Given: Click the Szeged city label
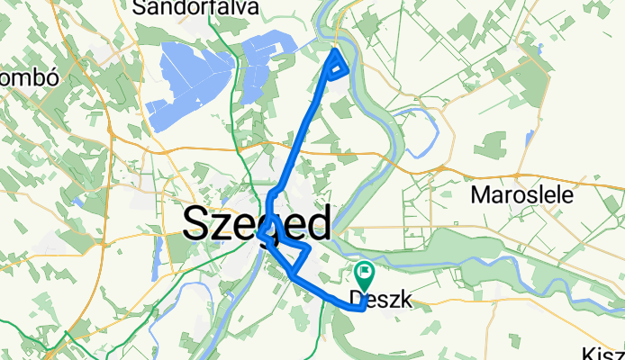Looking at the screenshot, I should pos(257,223).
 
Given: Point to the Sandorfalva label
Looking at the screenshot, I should pos(195,8).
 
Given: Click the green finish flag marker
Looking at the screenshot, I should pos(366,269).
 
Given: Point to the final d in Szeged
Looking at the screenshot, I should pos(316,221).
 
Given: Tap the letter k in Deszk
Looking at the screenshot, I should pos(404,301).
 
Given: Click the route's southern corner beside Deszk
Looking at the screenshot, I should pos(360,308).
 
